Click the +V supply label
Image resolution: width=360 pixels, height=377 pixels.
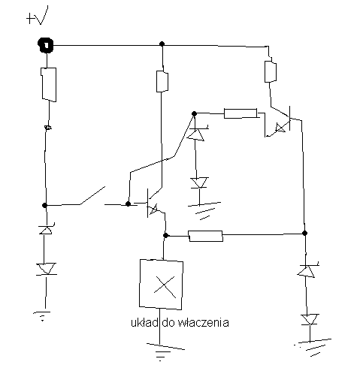point(37,16)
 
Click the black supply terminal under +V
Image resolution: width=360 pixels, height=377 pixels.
point(46,45)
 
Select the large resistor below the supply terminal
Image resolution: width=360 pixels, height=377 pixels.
point(49,85)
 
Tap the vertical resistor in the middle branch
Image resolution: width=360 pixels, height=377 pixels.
point(162,81)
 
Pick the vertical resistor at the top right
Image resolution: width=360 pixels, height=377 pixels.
point(271,71)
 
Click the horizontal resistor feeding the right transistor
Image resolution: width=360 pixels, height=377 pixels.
point(241,113)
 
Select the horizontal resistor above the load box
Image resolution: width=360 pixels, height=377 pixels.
point(205,236)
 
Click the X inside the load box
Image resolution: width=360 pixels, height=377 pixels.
point(165,287)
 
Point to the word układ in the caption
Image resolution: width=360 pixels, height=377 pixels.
point(144,322)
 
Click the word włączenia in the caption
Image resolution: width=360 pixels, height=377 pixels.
point(203,322)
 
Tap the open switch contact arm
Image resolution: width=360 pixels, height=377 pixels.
point(92,195)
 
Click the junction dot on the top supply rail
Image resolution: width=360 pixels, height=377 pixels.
point(162,44)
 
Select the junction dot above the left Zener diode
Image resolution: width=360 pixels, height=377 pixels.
point(44,205)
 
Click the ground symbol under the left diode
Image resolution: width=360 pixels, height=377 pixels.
point(42,316)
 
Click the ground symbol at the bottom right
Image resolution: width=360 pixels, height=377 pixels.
point(313,347)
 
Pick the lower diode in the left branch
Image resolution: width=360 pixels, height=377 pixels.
point(46,269)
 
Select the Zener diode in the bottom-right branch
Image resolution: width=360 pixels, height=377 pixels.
point(307,270)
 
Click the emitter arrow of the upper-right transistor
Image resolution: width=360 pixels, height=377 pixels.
point(280,128)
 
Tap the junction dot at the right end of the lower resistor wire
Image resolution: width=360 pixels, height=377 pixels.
point(304,234)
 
